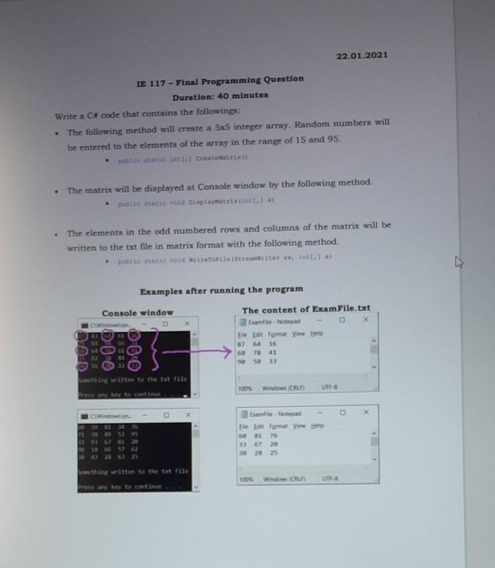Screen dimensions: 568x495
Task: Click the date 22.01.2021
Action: point(361,55)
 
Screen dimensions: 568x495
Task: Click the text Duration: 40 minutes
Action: point(220,96)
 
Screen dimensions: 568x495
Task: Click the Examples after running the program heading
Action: point(222,289)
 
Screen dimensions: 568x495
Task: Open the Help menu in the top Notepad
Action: point(317,334)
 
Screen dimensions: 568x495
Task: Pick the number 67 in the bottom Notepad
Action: point(273,445)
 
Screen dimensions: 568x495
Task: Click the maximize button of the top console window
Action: point(165,324)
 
